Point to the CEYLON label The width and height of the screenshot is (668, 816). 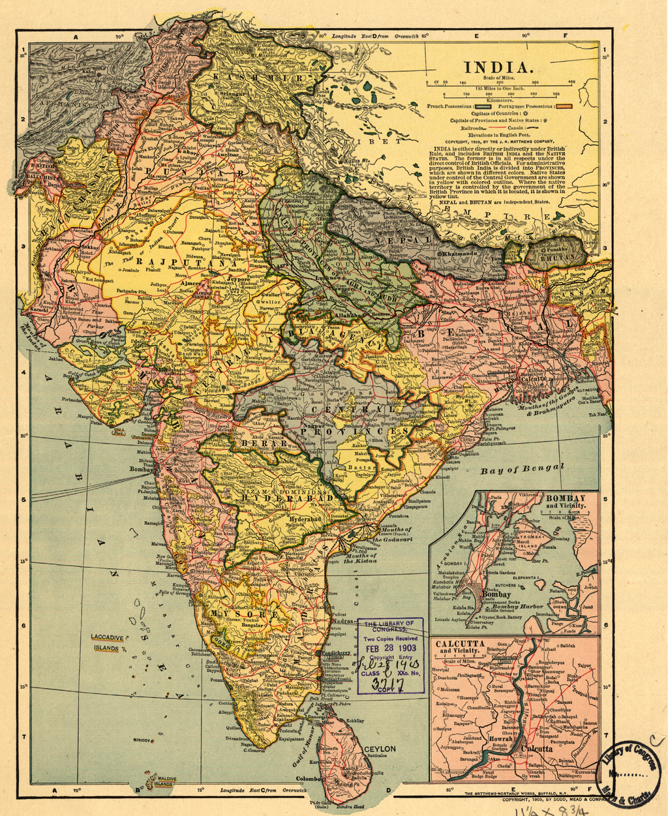tap(380, 749)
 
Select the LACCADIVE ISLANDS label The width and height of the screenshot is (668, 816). tap(109, 642)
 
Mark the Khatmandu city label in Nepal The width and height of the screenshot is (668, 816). tap(463, 252)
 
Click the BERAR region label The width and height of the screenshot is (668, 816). tap(264, 443)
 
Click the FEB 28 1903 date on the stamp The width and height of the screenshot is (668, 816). tap(389, 648)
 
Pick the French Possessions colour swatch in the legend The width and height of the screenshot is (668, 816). tap(482, 106)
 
